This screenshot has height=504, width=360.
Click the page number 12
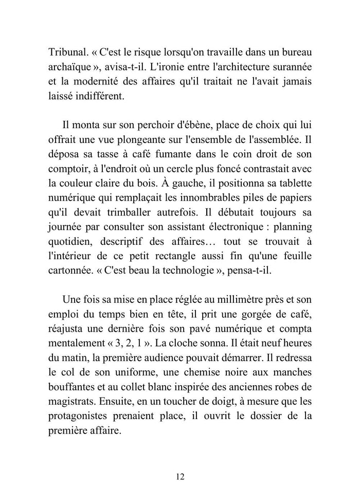click(x=179, y=476)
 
